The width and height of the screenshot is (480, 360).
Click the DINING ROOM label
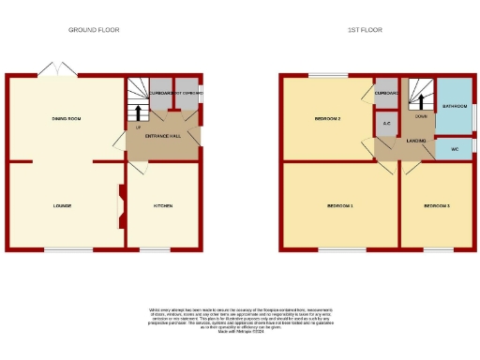click(67, 119)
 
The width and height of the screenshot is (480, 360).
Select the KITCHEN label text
click(162, 205)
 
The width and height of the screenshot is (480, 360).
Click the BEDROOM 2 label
click(326, 119)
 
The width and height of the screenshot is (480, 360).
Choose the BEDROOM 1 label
click(339, 205)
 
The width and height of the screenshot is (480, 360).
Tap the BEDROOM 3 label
click(436, 205)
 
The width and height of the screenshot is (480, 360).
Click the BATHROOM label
click(455, 107)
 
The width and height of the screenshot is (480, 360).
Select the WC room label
click(455, 149)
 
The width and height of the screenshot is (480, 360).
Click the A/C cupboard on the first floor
click(386, 122)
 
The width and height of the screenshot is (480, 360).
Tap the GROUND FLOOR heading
click(94, 30)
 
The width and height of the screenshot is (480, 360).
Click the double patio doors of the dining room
click(57, 70)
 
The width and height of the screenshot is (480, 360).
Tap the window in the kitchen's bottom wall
click(154, 249)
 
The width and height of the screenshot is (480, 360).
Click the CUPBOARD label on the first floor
click(386, 93)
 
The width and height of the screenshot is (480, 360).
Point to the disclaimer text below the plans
click(239, 320)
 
